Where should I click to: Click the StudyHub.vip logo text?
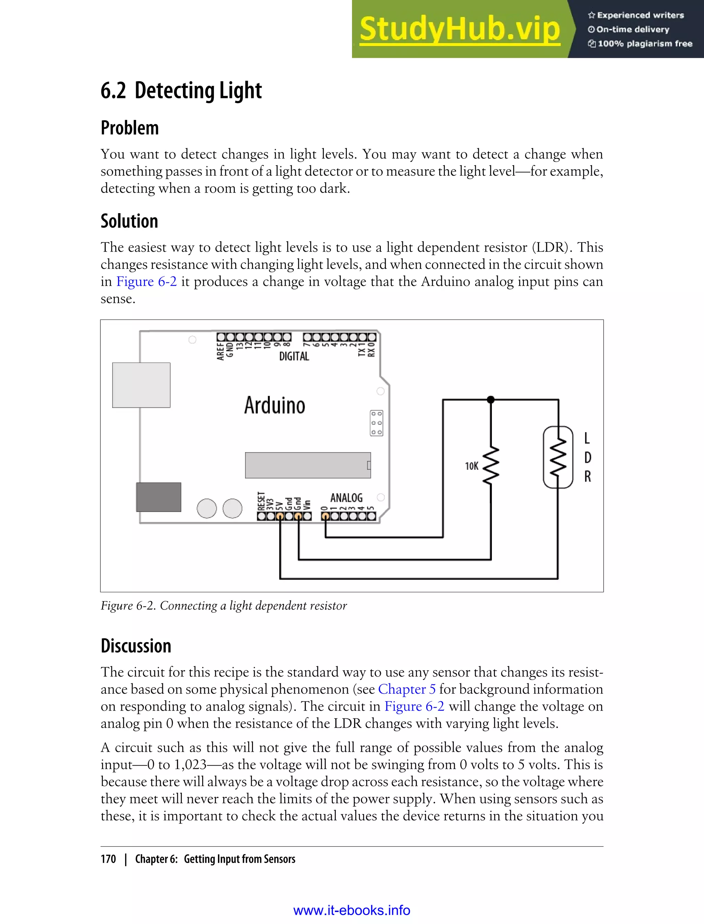(x=460, y=29)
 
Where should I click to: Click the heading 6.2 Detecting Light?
(x=181, y=90)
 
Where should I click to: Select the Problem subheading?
(x=130, y=128)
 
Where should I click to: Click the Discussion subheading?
(x=136, y=646)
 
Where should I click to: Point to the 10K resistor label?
(x=471, y=466)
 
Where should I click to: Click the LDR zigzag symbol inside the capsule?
(x=558, y=457)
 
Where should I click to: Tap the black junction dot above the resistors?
(x=491, y=400)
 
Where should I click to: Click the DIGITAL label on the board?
(x=294, y=356)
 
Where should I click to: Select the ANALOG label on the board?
(x=346, y=498)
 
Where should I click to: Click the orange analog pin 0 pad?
(x=325, y=516)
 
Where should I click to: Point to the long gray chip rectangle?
(x=308, y=465)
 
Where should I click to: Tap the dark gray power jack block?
(x=158, y=497)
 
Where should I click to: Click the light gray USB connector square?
(x=141, y=385)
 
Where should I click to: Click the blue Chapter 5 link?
(x=406, y=689)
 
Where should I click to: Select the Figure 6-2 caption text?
(x=223, y=606)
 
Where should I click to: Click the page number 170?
(x=108, y=859)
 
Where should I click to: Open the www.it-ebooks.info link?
(x=352, y=911)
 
